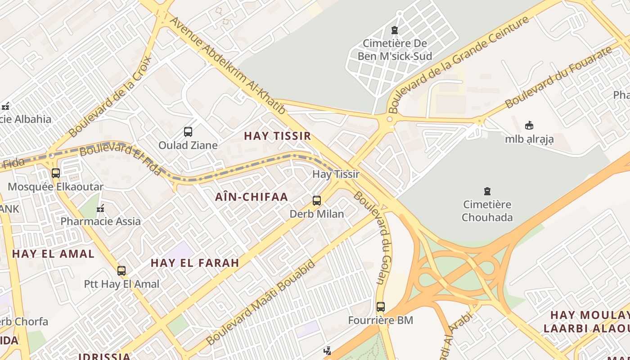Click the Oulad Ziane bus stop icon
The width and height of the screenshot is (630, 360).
[x=188, y=132]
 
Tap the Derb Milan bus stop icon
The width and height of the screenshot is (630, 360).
[x=317, y=201]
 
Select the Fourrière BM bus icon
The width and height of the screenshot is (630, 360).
[x=381, y=307]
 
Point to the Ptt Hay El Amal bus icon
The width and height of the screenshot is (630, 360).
[x=121, y=270]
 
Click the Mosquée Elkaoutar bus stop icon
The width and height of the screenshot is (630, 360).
[x=56, y=173]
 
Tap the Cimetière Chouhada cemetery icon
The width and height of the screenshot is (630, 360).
[x=487, y=191]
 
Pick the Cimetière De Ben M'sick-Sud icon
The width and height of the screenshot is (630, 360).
[x=395, y=30]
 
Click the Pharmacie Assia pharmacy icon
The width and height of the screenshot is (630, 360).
[x=101, y=208]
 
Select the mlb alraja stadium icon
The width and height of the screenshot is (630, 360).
[x=529, y=126]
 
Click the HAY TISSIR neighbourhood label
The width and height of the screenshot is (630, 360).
[x=277, y=135]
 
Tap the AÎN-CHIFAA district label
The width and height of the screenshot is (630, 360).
[x=251, y=197]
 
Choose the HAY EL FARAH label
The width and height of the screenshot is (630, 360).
[x=194, y=263]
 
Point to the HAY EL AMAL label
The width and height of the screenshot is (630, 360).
[x=53, y=254]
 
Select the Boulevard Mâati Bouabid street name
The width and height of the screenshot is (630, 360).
[x=261, y=302]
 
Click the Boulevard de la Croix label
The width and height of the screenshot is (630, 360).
[x=111, y=97]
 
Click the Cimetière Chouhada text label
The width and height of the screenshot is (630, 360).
[x=487, y=211]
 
